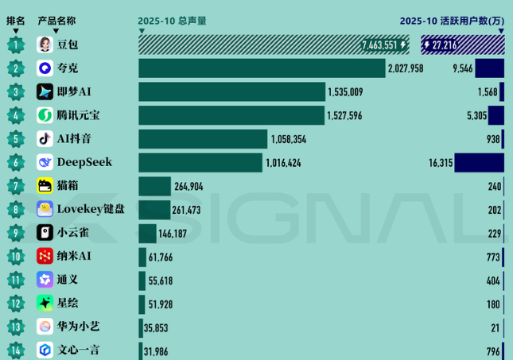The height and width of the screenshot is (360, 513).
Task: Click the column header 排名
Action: click(16, 21)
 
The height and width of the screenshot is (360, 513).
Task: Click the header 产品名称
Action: click(56, 21)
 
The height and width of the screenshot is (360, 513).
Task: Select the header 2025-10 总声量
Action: click(172, 21)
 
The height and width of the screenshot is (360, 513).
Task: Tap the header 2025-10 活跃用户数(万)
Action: click(451, 21)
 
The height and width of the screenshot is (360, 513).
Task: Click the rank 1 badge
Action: click(16, 45)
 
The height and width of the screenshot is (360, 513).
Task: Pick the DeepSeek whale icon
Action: click(45, 162)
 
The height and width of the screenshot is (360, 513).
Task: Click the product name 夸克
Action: click(68, 68)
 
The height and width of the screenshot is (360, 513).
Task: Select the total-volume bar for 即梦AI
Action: click(231, 92)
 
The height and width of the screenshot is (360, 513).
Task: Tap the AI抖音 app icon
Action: click(45, 139)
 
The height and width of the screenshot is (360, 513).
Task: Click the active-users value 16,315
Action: click(440, 162)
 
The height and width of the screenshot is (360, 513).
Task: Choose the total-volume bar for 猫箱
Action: click(154, 186)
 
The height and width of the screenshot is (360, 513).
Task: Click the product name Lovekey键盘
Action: click(91, 209)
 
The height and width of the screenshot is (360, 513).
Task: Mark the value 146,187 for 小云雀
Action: click(177, 233)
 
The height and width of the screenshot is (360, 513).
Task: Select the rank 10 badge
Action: click(16, 256)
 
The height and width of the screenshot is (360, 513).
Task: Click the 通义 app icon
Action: click(45, 279)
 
